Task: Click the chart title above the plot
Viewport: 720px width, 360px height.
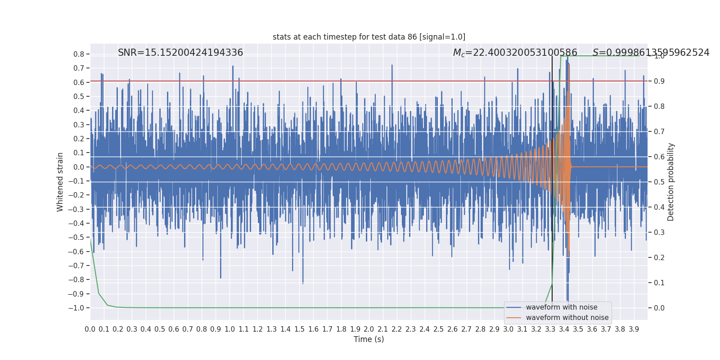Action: pos(369,37)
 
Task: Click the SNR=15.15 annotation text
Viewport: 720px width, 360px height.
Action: pos(180,53)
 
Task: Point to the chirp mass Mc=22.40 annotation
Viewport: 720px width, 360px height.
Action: pos(515,53)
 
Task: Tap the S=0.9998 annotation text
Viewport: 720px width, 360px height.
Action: pos(651,53)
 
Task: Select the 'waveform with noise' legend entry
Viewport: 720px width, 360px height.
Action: pos(562,307)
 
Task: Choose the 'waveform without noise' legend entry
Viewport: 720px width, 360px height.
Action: pos(567,318)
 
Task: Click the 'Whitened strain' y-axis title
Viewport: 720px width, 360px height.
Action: pos(60,182)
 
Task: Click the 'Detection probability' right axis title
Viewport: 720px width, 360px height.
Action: pos(671,182)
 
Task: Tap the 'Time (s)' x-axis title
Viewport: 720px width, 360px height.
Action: pos(369,339)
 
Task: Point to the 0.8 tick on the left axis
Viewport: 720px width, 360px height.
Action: pos(79,54)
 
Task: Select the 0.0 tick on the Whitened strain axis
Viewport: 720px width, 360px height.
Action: pos(79,167)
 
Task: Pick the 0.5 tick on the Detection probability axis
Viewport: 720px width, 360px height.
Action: pos(659,182)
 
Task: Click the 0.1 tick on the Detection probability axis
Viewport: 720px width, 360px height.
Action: pos(659,283)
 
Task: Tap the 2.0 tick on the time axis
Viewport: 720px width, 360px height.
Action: pos(369,329)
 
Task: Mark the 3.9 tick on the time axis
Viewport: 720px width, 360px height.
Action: pos(634,329)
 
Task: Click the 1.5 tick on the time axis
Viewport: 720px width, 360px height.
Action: pos(299,329)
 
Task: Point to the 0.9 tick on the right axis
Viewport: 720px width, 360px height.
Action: pos(659,81)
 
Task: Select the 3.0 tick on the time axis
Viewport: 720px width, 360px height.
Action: pos(508,329)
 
